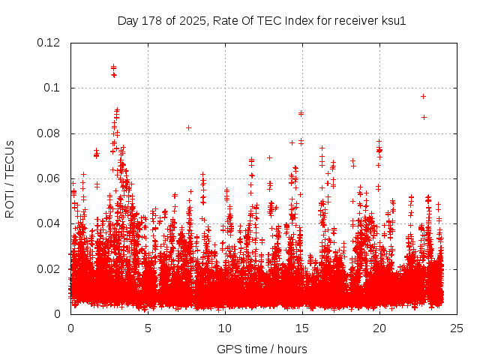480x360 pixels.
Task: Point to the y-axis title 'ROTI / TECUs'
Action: [10, 178]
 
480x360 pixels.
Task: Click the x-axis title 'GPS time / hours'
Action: [262, 349]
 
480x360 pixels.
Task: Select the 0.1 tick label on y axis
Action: [53, 88]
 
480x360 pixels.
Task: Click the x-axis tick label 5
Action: [148, 328]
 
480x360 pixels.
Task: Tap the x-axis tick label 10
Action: [225, 328]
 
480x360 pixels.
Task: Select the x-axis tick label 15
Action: [302, 328]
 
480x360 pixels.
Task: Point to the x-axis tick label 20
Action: [379, 328]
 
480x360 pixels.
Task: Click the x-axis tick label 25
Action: [457, 328]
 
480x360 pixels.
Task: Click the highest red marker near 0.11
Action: [113, 67]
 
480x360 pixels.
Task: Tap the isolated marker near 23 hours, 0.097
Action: [423, 96]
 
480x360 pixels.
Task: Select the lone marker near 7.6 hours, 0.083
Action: [188, 127]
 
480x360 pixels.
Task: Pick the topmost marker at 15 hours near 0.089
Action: [301, 113]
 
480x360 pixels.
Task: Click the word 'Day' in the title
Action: [128, 20]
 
